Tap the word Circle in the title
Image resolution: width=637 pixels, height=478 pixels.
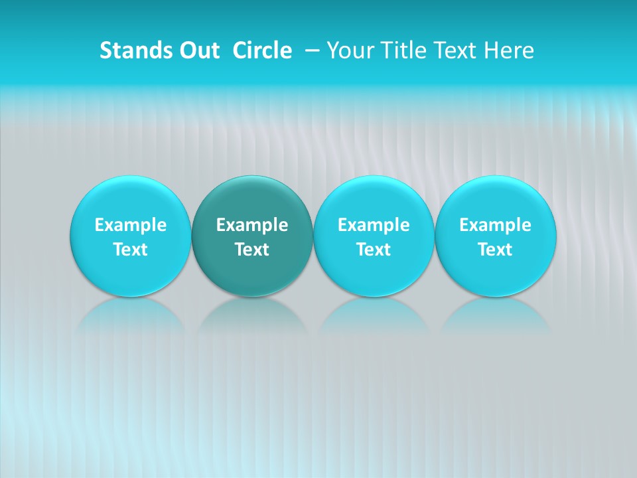point(262,50)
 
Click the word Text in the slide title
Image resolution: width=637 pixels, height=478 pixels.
point(454,50)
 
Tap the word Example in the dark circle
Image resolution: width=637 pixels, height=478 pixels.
point(252,225)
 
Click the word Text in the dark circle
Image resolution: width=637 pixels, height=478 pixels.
point(252,250)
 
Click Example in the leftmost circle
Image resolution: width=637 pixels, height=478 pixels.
point(131,225)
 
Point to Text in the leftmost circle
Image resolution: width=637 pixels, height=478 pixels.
point(131,250)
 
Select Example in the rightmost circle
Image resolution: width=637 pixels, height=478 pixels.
point(495,225)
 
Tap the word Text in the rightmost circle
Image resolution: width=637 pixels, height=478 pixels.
point(495,250)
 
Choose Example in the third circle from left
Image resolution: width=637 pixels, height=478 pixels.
point(374,225)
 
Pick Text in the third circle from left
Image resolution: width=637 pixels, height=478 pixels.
point(374,250)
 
